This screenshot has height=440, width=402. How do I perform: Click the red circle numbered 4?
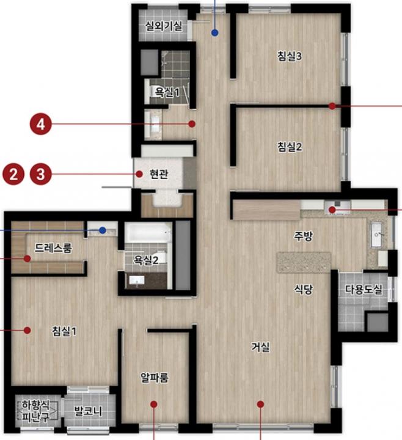(x=41, y=123)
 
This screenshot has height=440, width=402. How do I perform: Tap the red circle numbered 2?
(x=13, y=174)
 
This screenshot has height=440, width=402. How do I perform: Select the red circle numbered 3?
(x=41, y=174)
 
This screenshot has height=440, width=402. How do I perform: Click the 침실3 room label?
(x=290, y=56)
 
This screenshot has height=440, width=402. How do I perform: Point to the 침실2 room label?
(x=290, y=147)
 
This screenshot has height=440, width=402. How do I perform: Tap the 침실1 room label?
(x=64, y=331)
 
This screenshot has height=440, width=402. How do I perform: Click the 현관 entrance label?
(x=159, y=174)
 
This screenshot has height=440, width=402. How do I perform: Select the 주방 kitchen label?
(x=303, y=236)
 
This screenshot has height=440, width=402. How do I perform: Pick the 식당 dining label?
(x=303, y=289)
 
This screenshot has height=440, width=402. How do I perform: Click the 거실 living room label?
(x=261, y=347)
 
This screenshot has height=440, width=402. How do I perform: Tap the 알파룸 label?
(x=155, y=378)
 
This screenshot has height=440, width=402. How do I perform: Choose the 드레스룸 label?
(x=53, y=248)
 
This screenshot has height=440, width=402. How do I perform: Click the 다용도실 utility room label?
(x=364, y=289)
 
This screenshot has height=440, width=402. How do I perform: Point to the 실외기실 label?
(x=164, y=26)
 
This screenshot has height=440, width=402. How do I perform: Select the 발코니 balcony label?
(x=88, y=411)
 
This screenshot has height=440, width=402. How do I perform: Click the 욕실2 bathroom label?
(x=146, y=260)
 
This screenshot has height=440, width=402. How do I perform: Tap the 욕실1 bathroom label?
(x=167, y=92)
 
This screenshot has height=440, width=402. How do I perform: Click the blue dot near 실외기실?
(x=215, y=33)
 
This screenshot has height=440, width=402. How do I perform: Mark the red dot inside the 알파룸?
(x=154, y=404)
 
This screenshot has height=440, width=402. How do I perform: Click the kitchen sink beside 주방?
(x=377, y=235)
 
